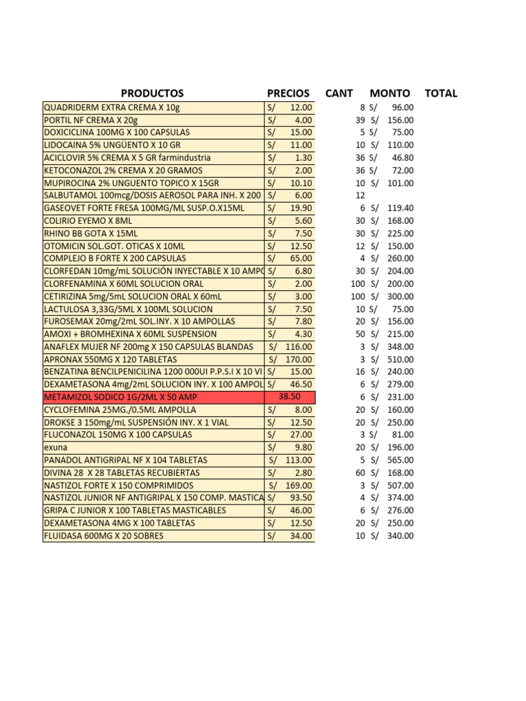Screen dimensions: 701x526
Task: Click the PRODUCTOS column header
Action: (152, 93)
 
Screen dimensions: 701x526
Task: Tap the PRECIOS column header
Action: (288, 93)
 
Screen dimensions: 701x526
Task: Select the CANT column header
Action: (339, 93)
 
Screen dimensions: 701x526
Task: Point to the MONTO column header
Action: (390, 93)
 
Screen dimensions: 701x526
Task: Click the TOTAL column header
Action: (441, 93)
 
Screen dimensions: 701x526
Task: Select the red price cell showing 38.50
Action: (290, 397)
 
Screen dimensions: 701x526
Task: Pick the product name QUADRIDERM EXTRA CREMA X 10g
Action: (112, 107)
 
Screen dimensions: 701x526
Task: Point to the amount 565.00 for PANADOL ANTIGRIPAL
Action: (400, 460)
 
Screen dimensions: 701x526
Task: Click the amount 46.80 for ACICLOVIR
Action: (402, 157)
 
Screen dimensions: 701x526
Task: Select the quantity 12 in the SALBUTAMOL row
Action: (360, 195)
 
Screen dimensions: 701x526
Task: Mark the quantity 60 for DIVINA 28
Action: (360, 472)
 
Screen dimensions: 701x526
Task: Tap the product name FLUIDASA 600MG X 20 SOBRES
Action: (103, 536)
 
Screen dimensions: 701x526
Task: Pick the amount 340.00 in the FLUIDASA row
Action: (400, 536)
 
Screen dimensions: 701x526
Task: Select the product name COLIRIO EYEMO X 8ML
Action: (88, 220)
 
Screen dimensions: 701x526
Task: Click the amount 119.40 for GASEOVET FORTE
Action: (400, 208)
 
